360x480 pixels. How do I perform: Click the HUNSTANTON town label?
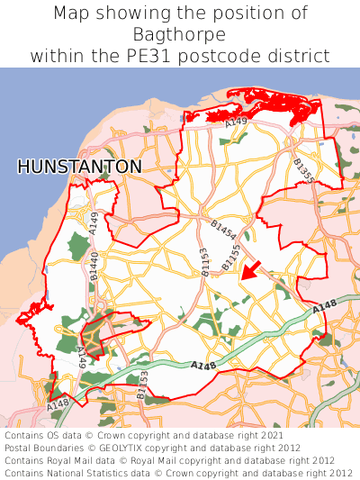(x=79, y=167)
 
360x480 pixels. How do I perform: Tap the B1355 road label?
(x=303, y=170)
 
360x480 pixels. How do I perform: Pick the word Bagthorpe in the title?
(x=179, y=34)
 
